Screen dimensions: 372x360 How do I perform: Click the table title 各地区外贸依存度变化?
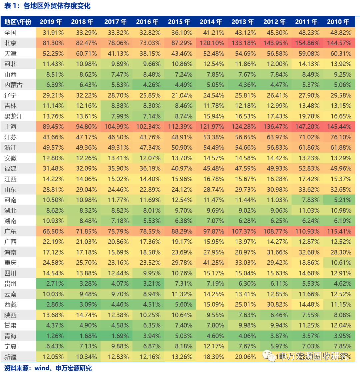pos(57,6)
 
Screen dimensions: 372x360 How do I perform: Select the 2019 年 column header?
pos(51,22)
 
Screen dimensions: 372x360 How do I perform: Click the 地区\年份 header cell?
pos(18,22)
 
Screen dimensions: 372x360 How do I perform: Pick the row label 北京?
pos(11,43)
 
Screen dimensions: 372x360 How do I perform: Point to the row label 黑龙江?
pos(13,116)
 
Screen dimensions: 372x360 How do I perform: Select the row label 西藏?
pos(11,304)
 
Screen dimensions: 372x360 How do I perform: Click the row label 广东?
pos(11,231)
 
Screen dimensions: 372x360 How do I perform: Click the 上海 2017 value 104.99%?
pos(115,127)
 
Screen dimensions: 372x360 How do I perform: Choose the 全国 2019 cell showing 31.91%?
pos(51,33)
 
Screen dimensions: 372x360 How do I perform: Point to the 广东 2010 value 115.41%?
pos(338,231)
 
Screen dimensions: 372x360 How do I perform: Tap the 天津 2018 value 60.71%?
pos(84,54)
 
